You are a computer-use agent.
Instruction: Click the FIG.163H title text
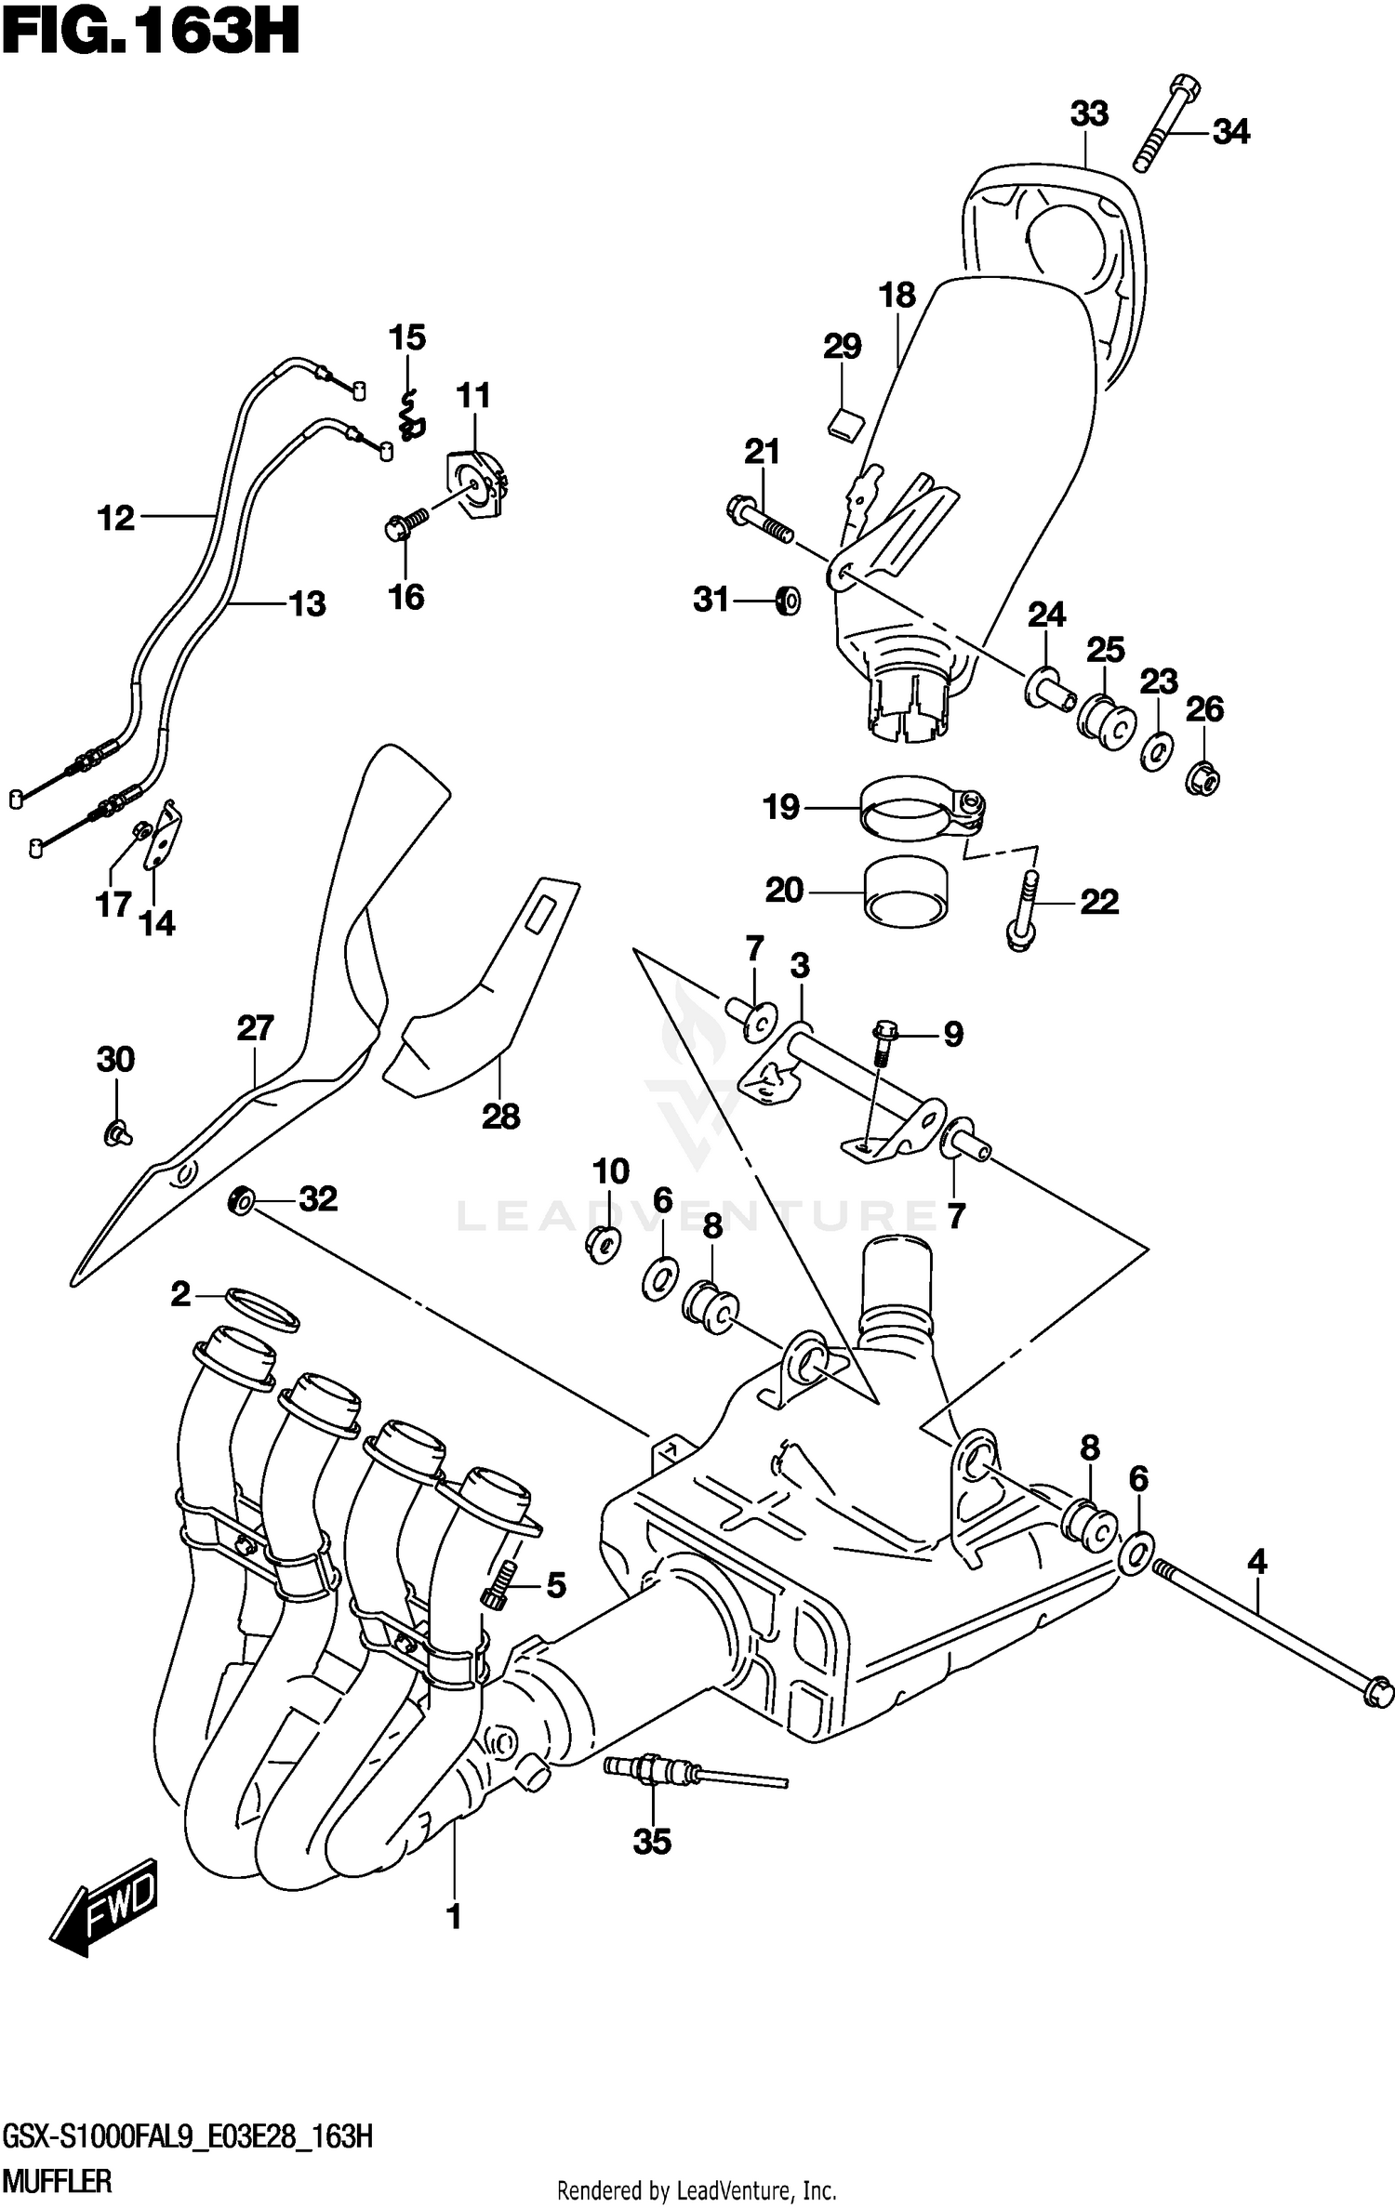click(x=151, y=35)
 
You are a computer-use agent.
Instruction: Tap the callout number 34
click(x=1230, y=133)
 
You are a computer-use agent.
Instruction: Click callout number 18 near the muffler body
click(x=897, y=296)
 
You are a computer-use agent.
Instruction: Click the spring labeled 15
click(x=409, y=416)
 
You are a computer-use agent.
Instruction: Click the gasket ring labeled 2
click(x=262, y=1310)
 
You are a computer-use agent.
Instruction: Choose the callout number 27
click(x=255, y=1028)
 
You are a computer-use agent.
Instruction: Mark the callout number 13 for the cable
click(x=308, y=604)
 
